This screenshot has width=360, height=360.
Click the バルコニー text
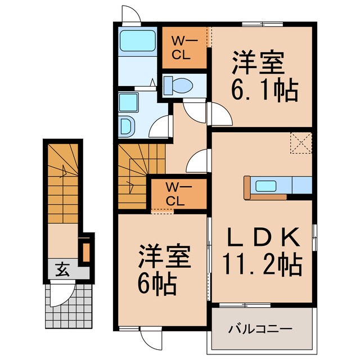(260, 328)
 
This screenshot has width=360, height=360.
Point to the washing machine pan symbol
(127, 126)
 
